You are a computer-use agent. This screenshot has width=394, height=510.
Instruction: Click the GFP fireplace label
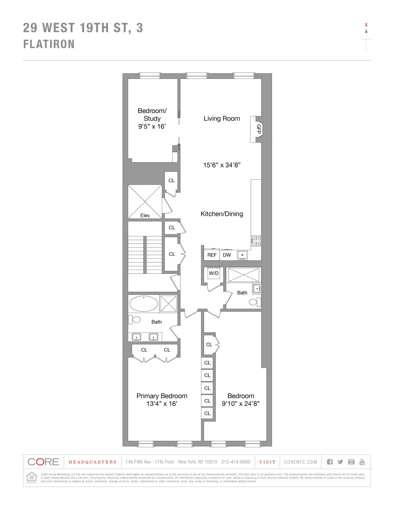click(x=259, y=129)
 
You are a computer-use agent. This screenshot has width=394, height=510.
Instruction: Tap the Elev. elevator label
click(x=145, y=215)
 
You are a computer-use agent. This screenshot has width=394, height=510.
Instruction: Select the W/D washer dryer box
click(x=214, y=273)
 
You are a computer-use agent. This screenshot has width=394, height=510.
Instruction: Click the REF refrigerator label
click(x=212, y=255)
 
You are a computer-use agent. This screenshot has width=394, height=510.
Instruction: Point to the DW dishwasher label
click(x=227, y=255)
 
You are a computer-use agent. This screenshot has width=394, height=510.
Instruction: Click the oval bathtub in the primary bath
click(x=143, y=304)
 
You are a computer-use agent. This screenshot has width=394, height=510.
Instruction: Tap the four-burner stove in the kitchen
click(x=256, y=241)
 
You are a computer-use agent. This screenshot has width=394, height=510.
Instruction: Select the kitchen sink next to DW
click(x=243, y=255)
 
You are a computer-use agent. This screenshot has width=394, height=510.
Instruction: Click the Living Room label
click(x=222, y=119)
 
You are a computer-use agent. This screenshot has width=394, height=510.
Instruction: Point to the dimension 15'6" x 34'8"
click(x=222, y=165)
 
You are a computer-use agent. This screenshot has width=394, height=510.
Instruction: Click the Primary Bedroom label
click(x=162, y=396)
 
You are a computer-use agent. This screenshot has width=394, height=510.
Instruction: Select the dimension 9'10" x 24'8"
click(x=241, y=404)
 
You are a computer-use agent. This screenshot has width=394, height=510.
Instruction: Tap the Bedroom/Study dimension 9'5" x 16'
click(x=152, y=126)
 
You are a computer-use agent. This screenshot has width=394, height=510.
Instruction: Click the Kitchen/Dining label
click(x=222, y=214)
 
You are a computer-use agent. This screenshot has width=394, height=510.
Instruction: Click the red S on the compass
click(x=366, y=25)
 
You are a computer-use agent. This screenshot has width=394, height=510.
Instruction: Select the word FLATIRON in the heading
click(x=49, y=44)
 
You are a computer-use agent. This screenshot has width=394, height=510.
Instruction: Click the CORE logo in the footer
click(x=43, y=462)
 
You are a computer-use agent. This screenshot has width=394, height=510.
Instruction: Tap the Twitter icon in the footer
click(x=340, y=462)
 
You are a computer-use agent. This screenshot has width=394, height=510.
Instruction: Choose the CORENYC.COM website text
click(x=300, y=462)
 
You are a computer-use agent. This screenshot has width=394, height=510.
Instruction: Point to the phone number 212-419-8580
click(x=236, y=462)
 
